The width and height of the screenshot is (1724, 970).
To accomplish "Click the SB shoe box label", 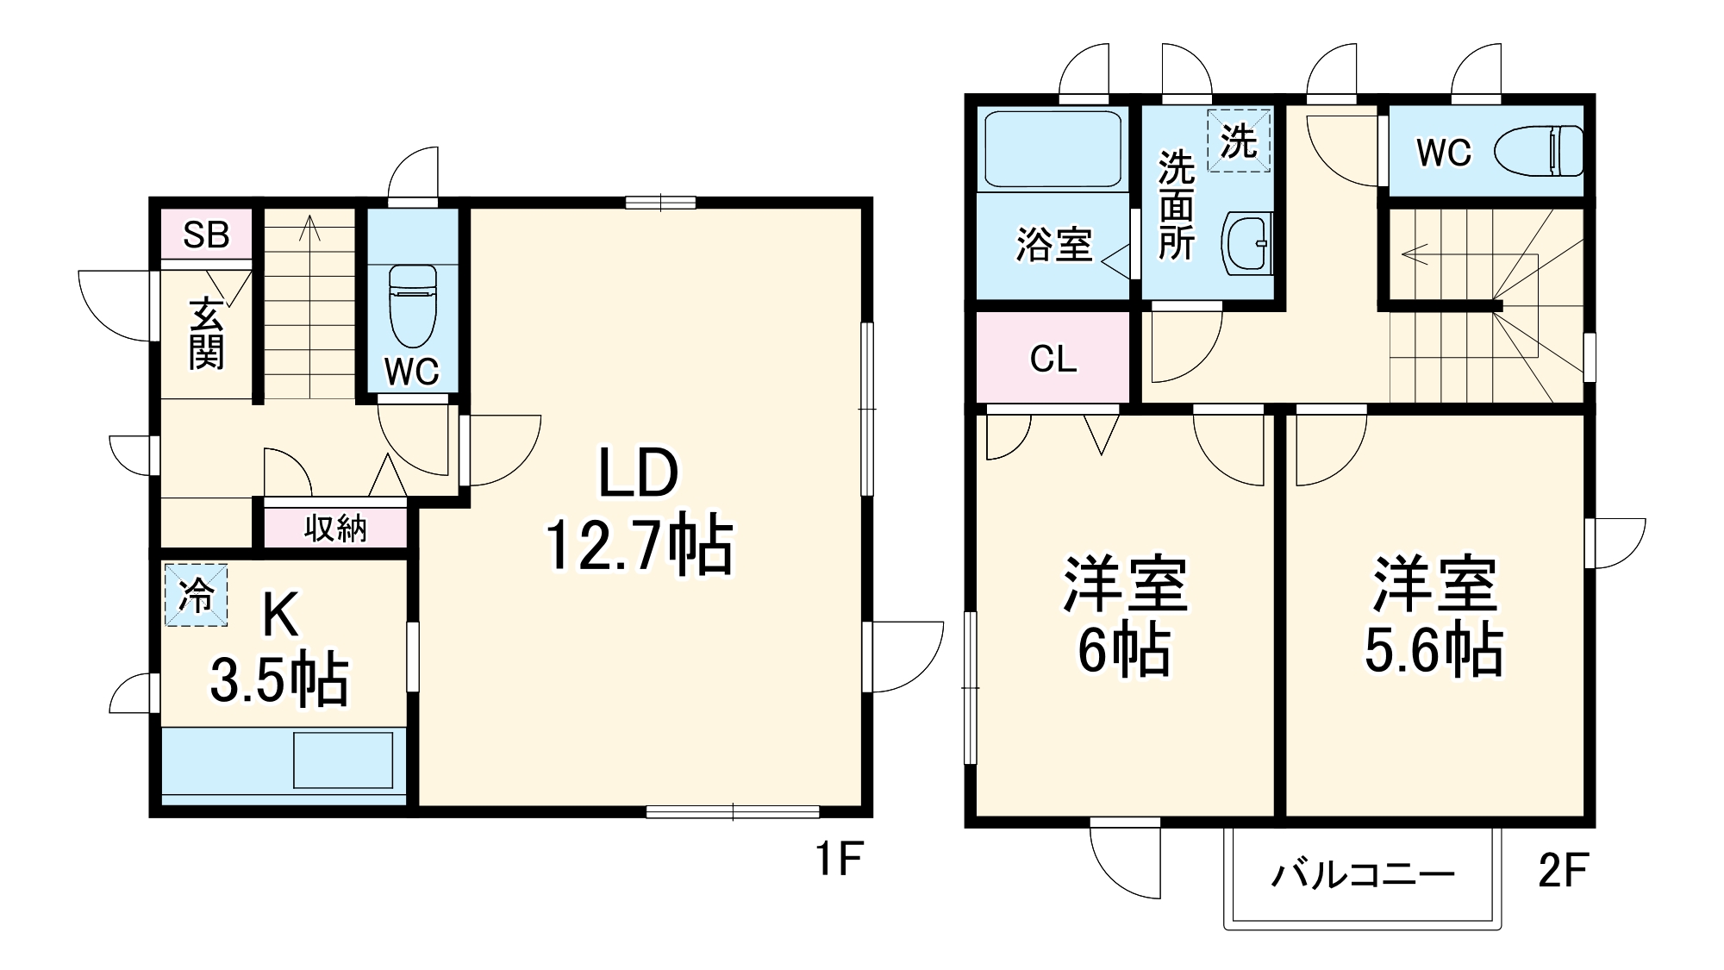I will tap(206, 235).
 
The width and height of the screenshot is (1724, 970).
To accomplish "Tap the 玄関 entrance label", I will tap(206, 334).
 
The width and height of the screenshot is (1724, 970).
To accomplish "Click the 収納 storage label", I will tap(335, 528).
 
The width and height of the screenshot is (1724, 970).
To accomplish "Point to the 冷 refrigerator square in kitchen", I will tap(197, 595).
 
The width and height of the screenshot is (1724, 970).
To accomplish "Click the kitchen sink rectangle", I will tap(343, 760).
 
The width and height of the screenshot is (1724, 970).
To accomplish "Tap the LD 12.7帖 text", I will tap(639, 510).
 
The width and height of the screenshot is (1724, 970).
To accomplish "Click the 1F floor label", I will tap(839, 858).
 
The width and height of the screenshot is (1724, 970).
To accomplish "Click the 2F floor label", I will tap(1563, 871).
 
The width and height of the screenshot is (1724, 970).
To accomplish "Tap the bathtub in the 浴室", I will tap(1052, 148).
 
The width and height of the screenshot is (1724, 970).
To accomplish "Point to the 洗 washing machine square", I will tap(1239, 141).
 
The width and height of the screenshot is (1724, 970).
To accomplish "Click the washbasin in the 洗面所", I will tap(1247, 244).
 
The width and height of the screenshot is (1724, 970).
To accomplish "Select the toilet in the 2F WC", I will tap(1540, 151).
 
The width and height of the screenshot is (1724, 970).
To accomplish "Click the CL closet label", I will tap(1053, 359).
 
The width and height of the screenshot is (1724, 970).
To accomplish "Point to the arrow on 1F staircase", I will tap(309, 228).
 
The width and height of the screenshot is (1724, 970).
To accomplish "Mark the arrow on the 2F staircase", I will tap(1415, 254).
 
